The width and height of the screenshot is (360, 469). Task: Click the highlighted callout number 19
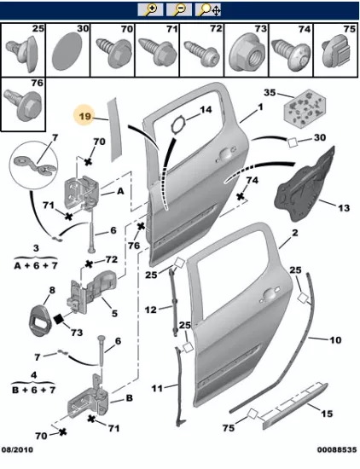click(85, 115)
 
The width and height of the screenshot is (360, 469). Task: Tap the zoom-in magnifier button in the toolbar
click(150, 10)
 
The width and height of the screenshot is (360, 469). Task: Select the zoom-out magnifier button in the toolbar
click(179, 10)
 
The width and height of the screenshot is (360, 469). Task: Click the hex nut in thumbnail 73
click(247, 54)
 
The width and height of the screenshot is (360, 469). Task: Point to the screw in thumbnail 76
click(23, 105)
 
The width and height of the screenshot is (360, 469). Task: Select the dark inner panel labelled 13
click(306, 185)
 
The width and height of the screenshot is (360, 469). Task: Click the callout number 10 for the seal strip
click(335, 340)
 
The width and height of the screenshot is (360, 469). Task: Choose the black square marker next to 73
click(59, 319)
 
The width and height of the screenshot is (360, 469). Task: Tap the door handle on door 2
click(270, 294)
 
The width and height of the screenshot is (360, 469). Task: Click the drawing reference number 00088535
click(337, 449)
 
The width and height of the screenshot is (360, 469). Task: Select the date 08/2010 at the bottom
click(17, 449)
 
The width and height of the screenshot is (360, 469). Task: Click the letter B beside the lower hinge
click(129, 398)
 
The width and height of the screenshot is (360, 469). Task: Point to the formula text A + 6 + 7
click(36, 265)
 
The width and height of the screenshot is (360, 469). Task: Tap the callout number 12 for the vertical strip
click(150, 310)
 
